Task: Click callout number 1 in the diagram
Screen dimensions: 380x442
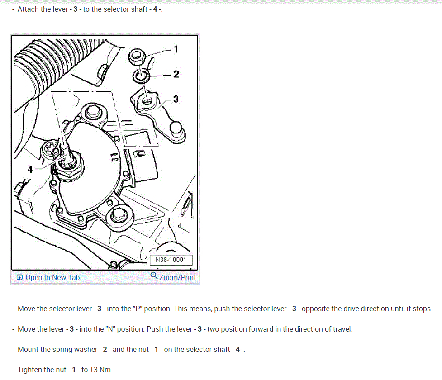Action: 176,49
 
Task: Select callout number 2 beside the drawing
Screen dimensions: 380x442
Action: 176,74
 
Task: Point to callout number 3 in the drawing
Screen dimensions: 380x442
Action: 176,99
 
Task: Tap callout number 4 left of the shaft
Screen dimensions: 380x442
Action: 30,169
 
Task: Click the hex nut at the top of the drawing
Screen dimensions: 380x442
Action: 136,57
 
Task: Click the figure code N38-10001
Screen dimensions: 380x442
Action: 171,260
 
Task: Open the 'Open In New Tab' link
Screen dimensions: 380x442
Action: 52,277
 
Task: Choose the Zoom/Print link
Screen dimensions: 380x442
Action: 178,277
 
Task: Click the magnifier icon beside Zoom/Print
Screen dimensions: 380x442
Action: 154,276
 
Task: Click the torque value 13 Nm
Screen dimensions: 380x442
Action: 100,370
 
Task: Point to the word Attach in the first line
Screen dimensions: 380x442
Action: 29,9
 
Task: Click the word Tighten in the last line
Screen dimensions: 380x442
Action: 31,370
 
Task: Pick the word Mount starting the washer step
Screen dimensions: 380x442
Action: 28,349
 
